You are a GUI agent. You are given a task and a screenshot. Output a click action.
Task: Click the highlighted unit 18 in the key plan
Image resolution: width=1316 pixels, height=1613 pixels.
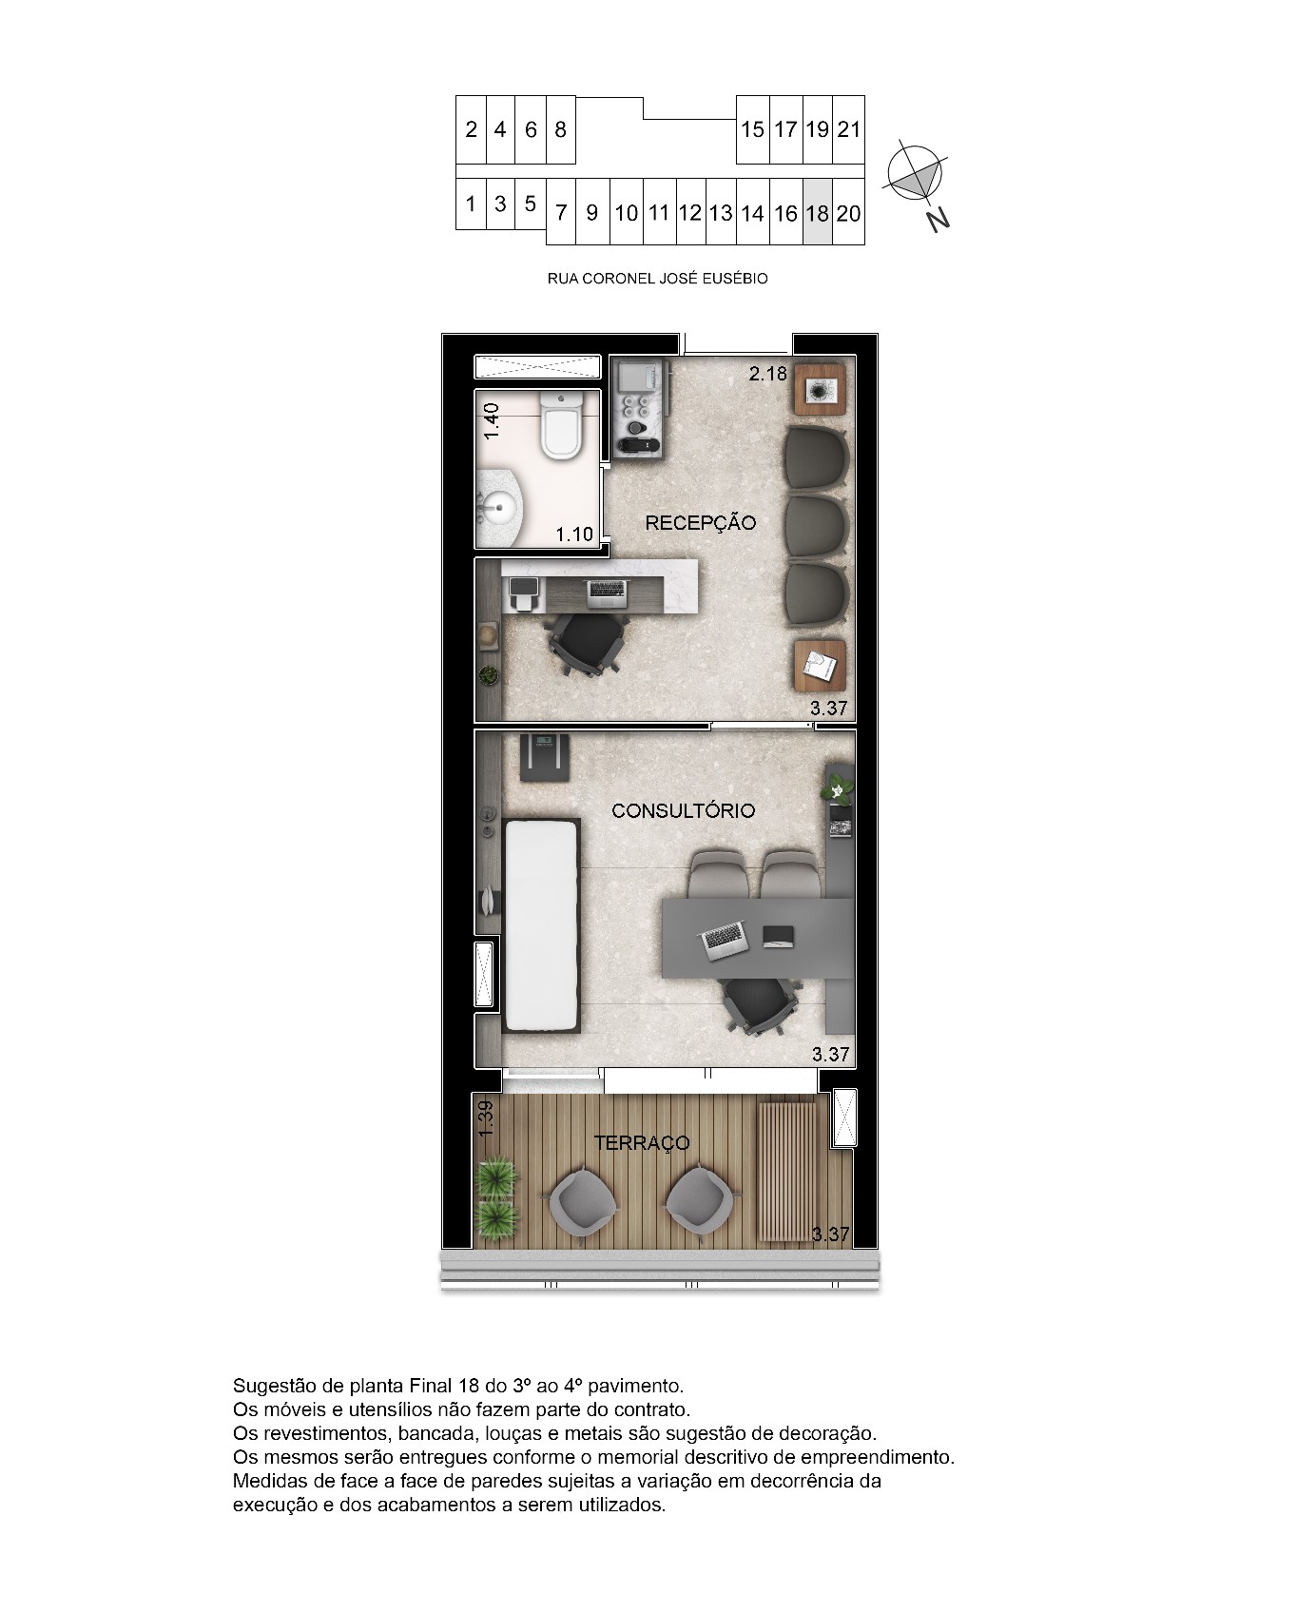pyautogui.click(x=817, y=212)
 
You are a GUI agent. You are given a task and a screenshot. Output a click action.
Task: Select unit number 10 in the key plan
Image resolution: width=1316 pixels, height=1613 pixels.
pyautogui.click(x=626, y=213)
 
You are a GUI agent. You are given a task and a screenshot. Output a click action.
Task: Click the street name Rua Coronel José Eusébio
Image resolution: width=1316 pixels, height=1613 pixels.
pyautogui.click(x=657, y=279)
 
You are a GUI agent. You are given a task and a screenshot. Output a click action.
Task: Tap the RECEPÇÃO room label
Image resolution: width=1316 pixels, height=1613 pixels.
pyautogui.click(x=700, y=522)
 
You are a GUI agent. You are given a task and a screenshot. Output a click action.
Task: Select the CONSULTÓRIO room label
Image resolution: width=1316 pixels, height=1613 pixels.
pyautogui.click(x=683, y=810)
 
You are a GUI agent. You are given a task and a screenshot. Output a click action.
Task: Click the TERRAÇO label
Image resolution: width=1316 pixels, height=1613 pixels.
pyautogui.click(x=642, y=1142)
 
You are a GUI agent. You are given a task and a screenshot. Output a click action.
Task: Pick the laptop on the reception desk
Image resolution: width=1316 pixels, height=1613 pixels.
pyautogui.click(x=608, y=593)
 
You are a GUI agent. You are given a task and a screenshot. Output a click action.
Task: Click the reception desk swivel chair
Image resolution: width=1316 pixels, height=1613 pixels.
pyautogui.click(x=588, y=641)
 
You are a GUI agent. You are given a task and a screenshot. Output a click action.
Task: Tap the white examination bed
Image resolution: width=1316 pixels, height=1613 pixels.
pyautogui.click(x=541, y=923)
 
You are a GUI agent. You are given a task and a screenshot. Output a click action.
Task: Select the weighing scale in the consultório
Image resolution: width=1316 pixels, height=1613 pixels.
pyautogui.click(x=543, y=756)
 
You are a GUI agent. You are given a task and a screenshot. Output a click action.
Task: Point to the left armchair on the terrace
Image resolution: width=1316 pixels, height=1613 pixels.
pyautogui.click(x=582, y=1206)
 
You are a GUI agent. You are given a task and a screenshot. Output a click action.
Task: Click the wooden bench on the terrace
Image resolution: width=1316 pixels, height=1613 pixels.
pyautogui.click(x=786, y=1170)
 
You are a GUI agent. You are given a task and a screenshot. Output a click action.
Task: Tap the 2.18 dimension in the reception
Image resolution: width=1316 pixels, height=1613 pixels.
pyautogui.click(x=767, y=373)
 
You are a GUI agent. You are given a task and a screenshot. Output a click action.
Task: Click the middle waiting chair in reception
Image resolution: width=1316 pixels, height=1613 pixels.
pyautogui.click(x=817, y=525)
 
